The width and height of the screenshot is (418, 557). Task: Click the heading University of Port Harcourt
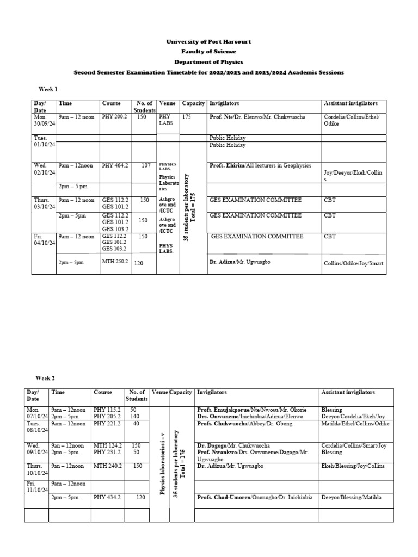click(x=209, y=42)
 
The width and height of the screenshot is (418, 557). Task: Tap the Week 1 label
click(x=47, y=89)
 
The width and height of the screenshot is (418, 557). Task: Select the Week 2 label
click(x=45, y=378)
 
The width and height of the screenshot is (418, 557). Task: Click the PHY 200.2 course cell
click(x=114, y=117)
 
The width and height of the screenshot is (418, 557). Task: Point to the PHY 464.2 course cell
click(x=114, y=165)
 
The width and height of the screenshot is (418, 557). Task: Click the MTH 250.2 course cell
click(x=114, y=262)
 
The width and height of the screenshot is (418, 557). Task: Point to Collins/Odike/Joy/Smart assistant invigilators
click(x=353, y=263)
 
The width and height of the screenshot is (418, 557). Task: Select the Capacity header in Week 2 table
click(x=181, y=392)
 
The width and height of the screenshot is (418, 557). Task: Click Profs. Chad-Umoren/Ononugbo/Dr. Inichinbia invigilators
click(x=255, y=497)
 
